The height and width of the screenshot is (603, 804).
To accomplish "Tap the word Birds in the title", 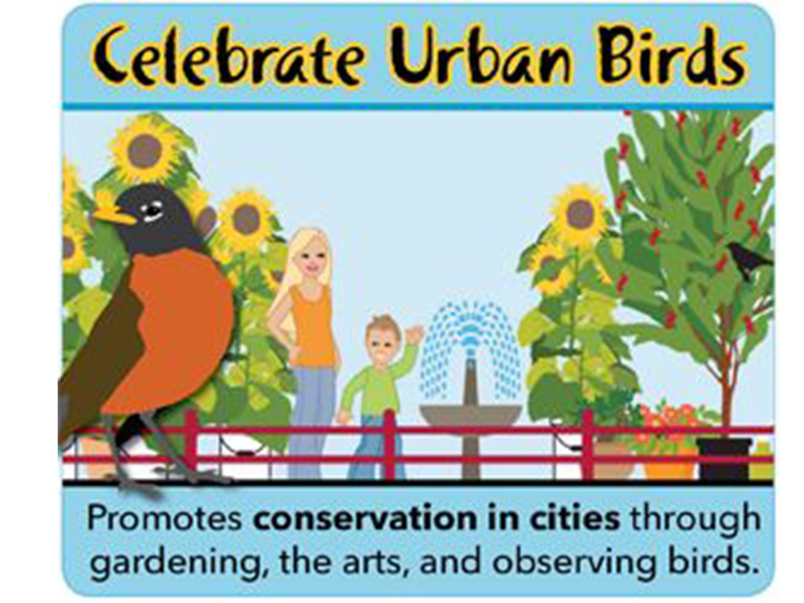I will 673,56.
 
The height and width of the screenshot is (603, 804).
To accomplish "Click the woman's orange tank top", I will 313,325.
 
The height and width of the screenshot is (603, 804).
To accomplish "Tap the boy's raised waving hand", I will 415,335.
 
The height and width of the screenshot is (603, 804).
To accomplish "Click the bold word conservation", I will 362,519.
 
